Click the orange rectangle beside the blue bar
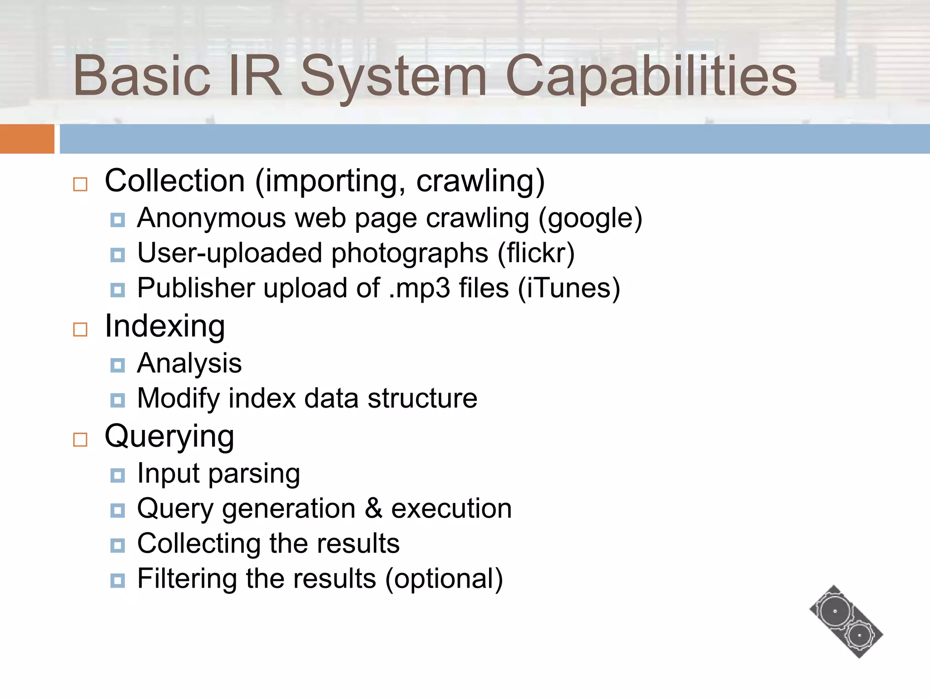[27, 139]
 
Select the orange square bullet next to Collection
[80, 184]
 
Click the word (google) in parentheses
[590, 218]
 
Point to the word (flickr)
[536, 253]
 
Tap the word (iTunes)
[569, 288]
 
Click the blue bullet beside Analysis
[118, 365]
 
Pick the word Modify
[178, 399]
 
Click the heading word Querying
[169, 436]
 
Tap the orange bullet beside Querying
[80, 439]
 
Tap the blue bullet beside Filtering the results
[118, 580]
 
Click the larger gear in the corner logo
[835, 612]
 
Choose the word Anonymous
[212, 218]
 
